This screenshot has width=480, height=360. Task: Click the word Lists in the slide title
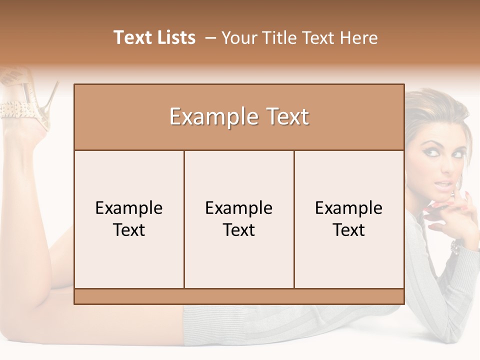[174, 37]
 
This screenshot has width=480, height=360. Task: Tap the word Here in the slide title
[358, 38]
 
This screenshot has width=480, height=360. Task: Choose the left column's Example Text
[129, 219]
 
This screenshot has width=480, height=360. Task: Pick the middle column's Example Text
[239, 219]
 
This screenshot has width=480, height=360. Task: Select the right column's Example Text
[349, 219]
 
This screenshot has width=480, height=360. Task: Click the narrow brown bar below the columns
[239, 296]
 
